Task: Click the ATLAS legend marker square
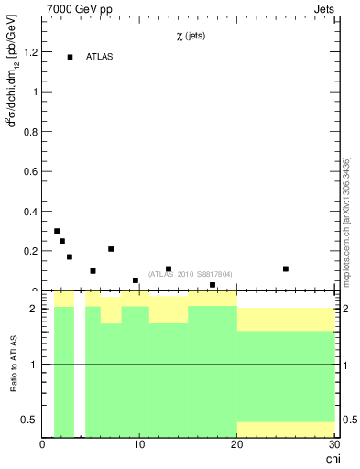point(70,57)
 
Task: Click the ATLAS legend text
point(99,57)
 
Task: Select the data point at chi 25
point(286,268)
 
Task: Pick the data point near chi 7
point(111,249)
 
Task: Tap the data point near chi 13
point(169,268)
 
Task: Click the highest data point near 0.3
point(57,231)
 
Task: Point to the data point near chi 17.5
point(213,285)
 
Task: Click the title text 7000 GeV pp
point(86,10)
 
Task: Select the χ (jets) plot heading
point(191,36)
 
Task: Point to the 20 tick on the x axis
point(237,445)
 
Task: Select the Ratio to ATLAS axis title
point(14,365)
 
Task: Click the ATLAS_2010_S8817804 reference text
point(190,274)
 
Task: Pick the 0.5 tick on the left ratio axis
point(29,420)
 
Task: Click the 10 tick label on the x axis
point(139,445)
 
